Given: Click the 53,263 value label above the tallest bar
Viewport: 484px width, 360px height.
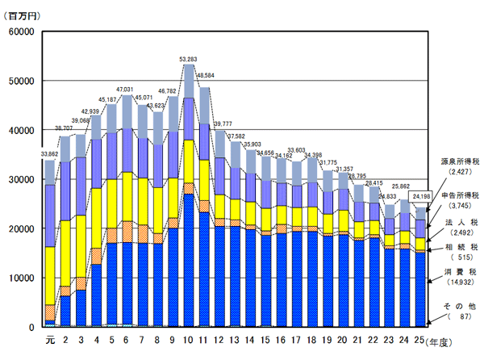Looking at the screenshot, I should [x=189, y=59].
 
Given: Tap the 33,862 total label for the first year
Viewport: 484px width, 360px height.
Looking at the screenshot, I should [x=50, y=154].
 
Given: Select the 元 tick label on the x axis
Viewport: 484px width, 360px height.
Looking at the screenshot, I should [x=50, y=339].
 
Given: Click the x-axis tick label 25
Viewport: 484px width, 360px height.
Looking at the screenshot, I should [x=419, y=339].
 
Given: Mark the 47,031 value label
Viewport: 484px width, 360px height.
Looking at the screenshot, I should [x=127, y=90].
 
